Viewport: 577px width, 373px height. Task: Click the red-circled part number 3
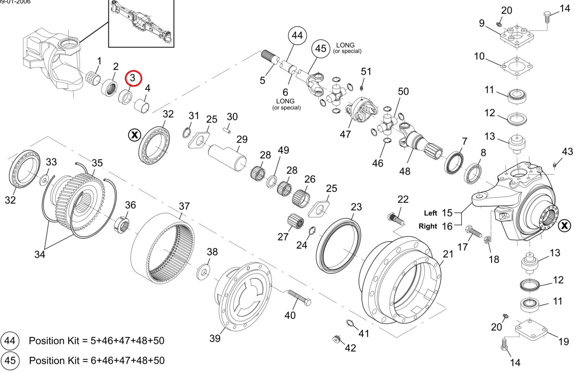133,78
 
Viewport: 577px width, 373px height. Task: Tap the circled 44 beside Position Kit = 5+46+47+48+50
10,341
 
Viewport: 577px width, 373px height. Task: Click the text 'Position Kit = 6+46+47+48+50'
97,360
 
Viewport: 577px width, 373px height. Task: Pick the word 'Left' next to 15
430,213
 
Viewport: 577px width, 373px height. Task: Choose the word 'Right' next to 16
428,226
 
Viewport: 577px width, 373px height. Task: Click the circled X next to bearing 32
134,135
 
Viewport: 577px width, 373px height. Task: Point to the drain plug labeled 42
337,339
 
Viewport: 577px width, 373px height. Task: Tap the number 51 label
366,71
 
